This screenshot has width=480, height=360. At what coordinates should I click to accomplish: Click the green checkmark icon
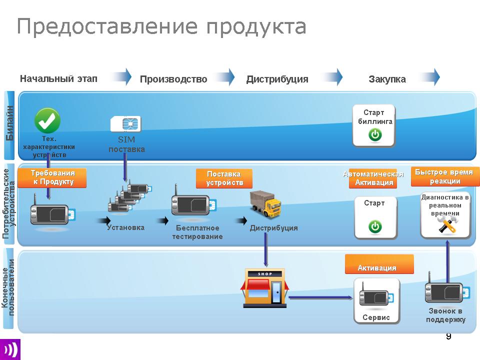pyautogui.click(x=47, y=120)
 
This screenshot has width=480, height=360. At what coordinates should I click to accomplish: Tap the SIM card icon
pyautogui.click(x=126, y=124)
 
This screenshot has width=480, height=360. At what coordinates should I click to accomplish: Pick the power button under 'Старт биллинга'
pyautogui.click(x=374, y=134)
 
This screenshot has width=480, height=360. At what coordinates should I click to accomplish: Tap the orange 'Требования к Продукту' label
pyautogui.click(x=52, y=177)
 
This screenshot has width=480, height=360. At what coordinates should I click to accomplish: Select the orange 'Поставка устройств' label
pyautogui.click(x=223, y=178)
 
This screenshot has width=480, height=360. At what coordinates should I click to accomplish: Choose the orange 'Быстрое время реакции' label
pyautogui.click(x=444, y=176)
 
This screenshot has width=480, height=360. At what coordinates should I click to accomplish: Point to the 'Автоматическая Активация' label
pyautogui.click(x=373, y=178)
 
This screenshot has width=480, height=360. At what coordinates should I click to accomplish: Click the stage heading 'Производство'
pyautogui.click(x=173, y=79)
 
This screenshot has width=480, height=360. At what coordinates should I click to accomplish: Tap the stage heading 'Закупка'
pyautogui.click(x=387, y=79)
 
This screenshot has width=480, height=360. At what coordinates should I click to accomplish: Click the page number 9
pyautogui.click(x=448, y=336)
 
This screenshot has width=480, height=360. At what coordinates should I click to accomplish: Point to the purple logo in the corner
pyautogui.click(x=10, y=349)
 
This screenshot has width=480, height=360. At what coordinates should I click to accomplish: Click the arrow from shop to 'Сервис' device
pyautogui.click(x=320, y=298)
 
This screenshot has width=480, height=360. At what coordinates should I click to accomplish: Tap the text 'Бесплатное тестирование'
pyautogui.click(x=197, y=232)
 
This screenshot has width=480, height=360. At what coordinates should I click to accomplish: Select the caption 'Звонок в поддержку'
pyautogui.click(x=445, y=315)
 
